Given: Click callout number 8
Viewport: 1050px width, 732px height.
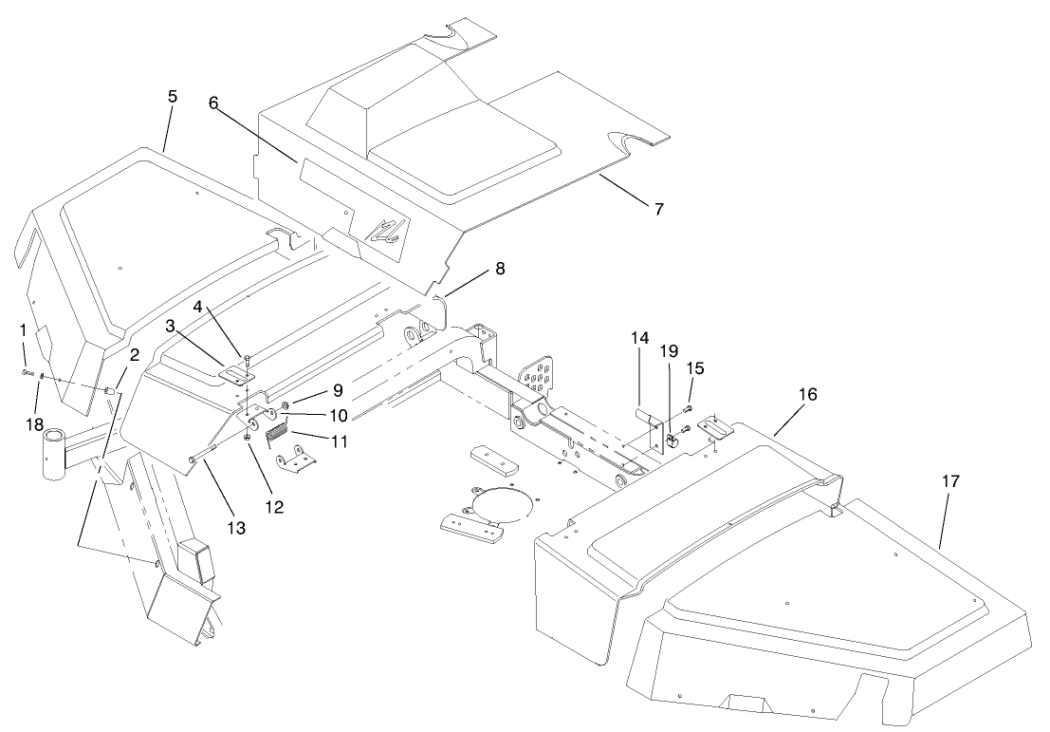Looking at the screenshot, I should pos(499,269).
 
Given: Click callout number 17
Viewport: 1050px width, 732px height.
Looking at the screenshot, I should pos(950,482).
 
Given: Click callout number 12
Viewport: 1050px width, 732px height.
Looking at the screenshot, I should pos(273,507).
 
